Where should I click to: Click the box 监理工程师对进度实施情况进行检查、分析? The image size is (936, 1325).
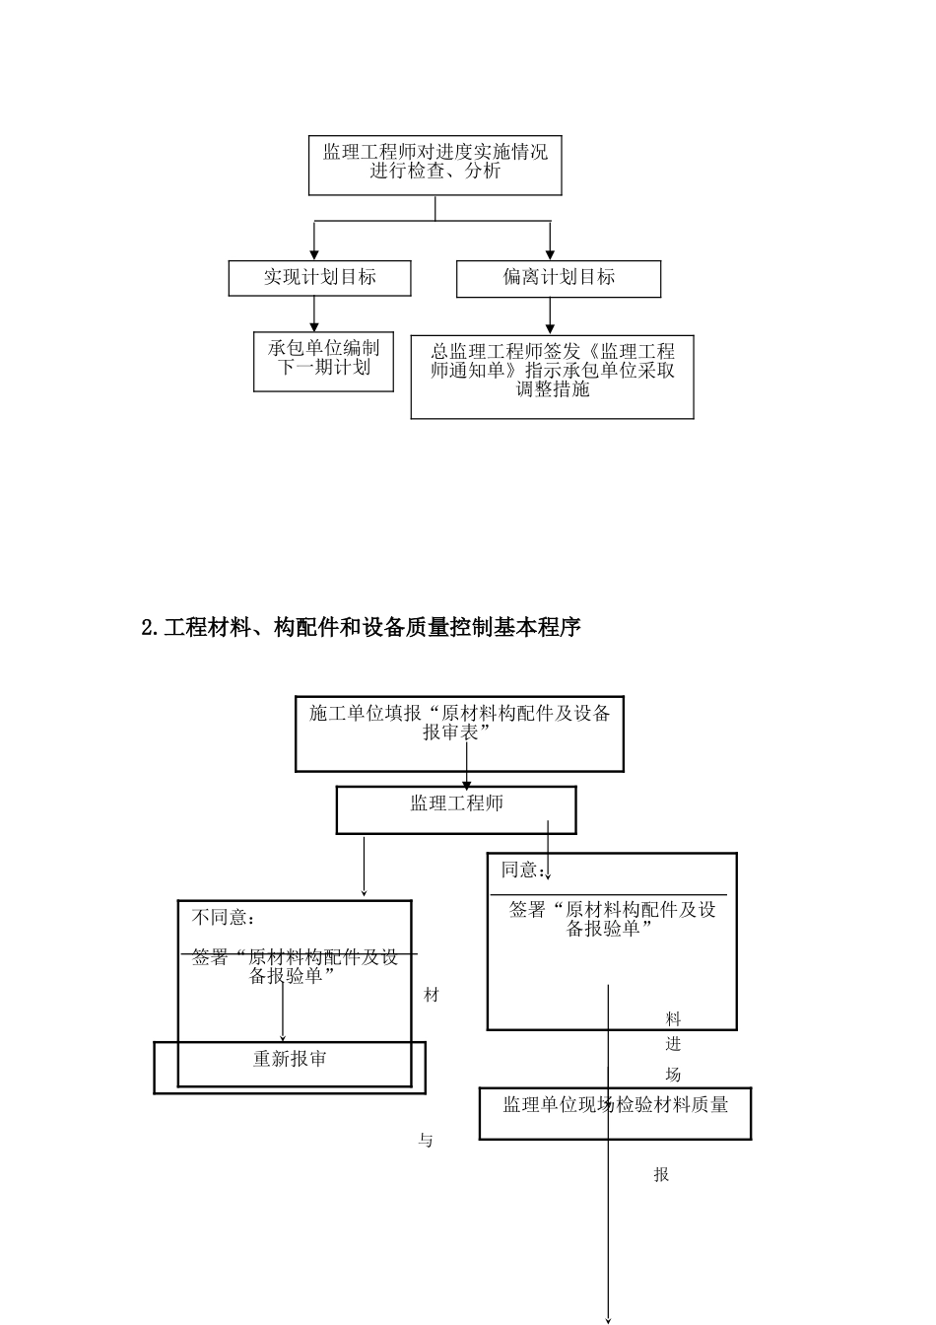tap(435, 165)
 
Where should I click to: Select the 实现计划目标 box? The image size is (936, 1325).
tap(319, 278)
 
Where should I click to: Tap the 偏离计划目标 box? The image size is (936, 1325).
tap(558, 278)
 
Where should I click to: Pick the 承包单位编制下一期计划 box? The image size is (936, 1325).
tap(323, 360)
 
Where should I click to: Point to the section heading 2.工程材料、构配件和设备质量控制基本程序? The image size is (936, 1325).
tap(361, 627)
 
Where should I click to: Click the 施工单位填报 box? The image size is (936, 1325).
tap(459, 734)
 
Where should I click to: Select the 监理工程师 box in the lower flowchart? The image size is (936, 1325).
tap(456, 808)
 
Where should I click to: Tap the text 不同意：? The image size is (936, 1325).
tap(224, 918)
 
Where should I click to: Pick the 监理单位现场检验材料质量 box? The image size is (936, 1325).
tap(615, 1113)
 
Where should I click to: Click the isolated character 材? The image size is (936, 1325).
tap(432, 996)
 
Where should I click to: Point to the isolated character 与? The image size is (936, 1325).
tap(426, 1141)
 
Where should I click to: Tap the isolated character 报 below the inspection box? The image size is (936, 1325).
tap(661, 1174)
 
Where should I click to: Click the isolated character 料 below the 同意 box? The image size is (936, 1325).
tap(674, 1019)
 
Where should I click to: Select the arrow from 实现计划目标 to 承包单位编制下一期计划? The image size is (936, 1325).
tap(314, 314)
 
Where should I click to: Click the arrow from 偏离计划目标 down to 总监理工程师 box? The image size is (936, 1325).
tap(550, 315)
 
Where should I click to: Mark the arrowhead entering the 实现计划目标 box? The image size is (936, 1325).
tap(314, 254)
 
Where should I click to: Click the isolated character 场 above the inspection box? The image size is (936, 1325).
tap(674, 1075)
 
